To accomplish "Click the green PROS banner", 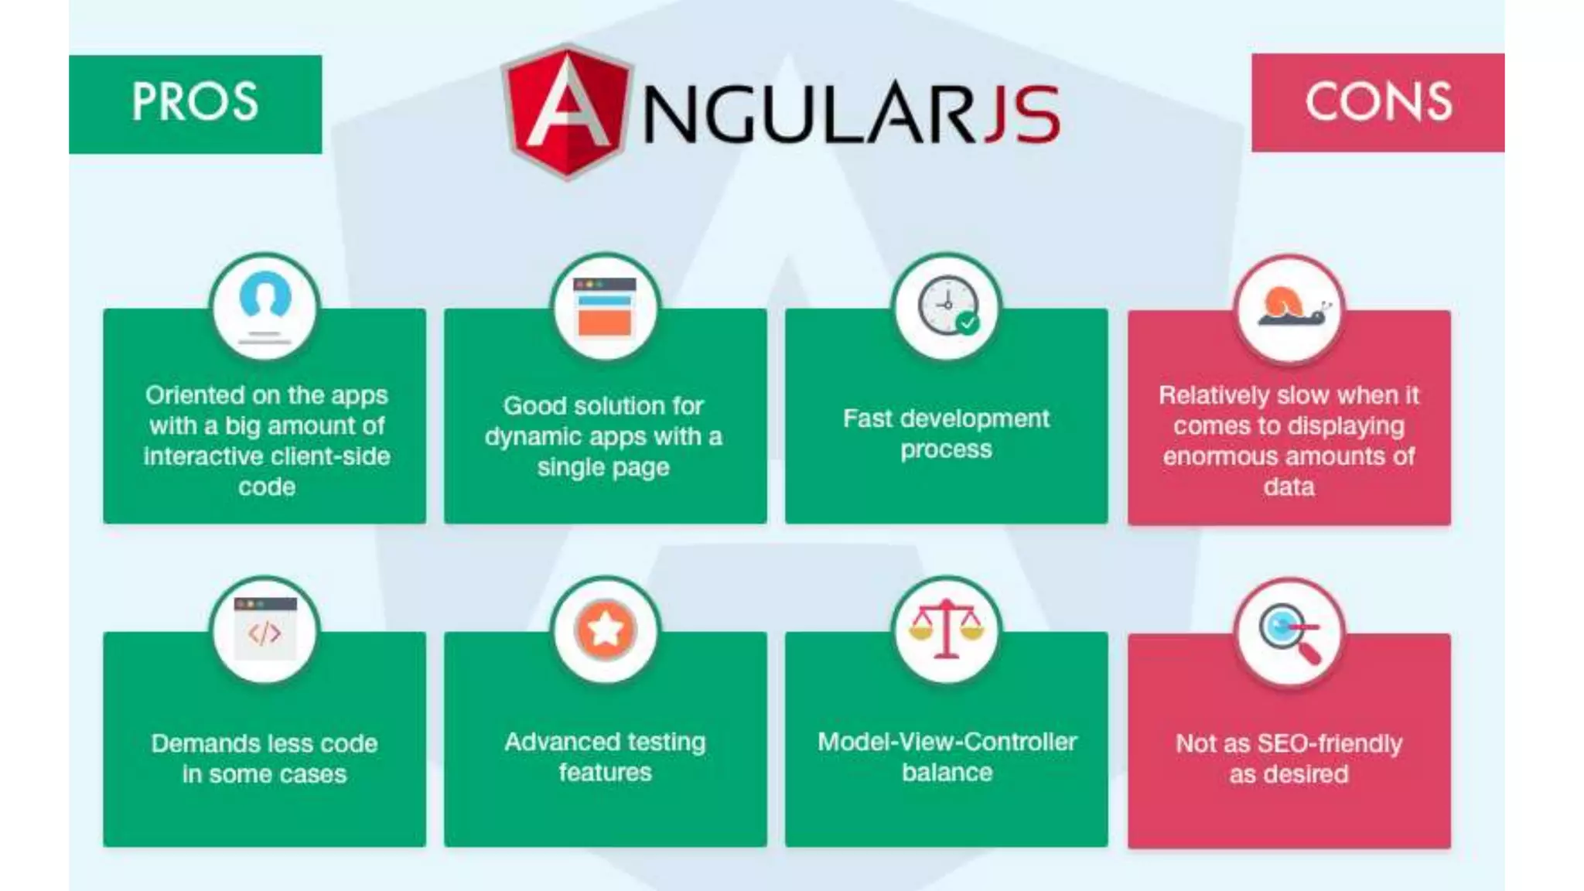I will coord(195,104).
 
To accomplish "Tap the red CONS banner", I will coord(1377,102).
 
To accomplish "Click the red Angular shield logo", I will coord(567,111).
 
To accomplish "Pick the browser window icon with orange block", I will coord(605,306).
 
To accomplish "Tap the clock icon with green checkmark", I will coord(947,306).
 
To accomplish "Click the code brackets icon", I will coord(265,630).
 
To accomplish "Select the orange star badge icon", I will coord(605,630).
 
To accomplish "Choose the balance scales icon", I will coord(947,630).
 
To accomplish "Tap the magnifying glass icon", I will coord(1289,631).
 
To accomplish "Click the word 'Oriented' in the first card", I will coord(194,395).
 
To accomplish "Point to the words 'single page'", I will coord(603,467).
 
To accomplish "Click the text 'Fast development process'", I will coord(946,434).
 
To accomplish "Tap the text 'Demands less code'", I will coord(265,743).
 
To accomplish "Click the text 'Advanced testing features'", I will coord(605,756).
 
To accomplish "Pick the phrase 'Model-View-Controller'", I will coord(947,742).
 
